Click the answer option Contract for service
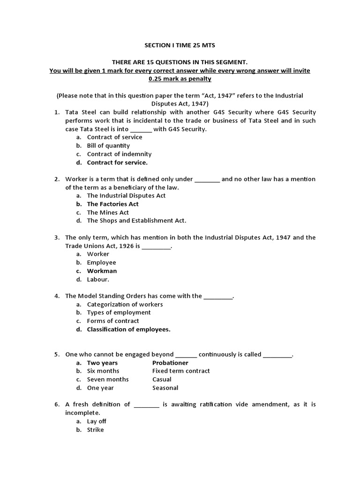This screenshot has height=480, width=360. coord(117,163)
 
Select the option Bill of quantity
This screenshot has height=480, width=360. coord(108,146)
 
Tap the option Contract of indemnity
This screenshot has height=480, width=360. coord(119,154)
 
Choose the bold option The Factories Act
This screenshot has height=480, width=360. coord(112,204)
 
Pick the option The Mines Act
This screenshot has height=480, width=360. coord(108,212)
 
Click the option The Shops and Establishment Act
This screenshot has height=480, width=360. coord(136,221)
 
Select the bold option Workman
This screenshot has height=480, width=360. coord(102,271)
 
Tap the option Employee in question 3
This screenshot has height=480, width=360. coord(101,262)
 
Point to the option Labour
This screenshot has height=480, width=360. coord(98,279)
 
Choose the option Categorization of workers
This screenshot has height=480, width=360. coord(125,304)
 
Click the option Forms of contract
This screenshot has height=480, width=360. coord(113,321)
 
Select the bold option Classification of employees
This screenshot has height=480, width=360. coord(128,330)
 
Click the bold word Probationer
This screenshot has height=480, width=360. coord(170,363)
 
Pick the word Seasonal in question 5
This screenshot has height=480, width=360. coord(165,388)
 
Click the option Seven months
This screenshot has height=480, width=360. coord(108,380)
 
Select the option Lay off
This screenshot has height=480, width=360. coord(97,421)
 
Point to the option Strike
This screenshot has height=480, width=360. coord(95,430)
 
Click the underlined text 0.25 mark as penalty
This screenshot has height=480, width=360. coord(180,79)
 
